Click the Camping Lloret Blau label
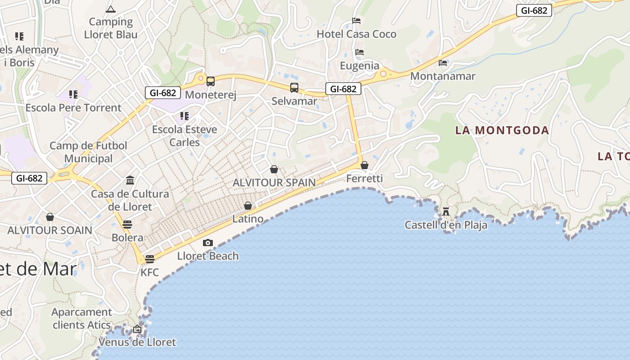tap(111, 28)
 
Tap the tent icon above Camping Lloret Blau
tap(110, 9)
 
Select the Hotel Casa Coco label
tap(356, 34)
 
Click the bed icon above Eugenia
tap(359, 52)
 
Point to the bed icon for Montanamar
tap(443, 63)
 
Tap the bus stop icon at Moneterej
tap(210, 81)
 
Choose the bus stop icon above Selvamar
tap(294, 88)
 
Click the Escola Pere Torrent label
tap(73, 108)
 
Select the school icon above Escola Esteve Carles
tap(184, 116)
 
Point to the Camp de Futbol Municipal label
tap(88, 152)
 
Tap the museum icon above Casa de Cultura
tap(130, 180)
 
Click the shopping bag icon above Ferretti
tap(364, 165)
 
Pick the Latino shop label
tap(248, 219)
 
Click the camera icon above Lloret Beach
tap(207, 243)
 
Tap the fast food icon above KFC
tap(150, 259)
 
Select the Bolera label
tap(127, 238)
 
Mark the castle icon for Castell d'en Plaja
tap(446, 211)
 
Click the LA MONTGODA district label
tap(502, 130)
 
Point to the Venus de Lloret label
tap(137, 342)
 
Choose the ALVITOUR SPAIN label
tap(274, 183)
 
